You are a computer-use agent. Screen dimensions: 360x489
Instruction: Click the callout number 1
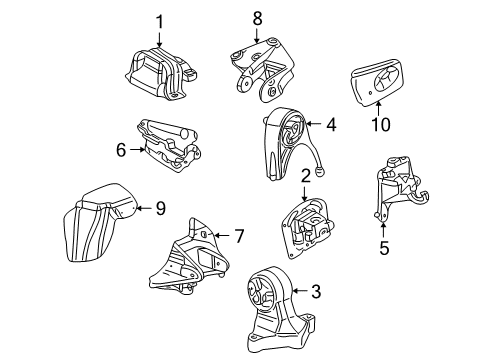pyautogui.click(x=157, y=20)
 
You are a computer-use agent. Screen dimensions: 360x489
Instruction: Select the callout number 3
pyautogui.click(x=315, y=292)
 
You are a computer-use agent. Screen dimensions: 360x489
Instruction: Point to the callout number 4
pyautogui.click(x=331, y=125)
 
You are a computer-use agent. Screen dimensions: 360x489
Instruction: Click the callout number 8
pyautogui.click(x=256, y=17)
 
